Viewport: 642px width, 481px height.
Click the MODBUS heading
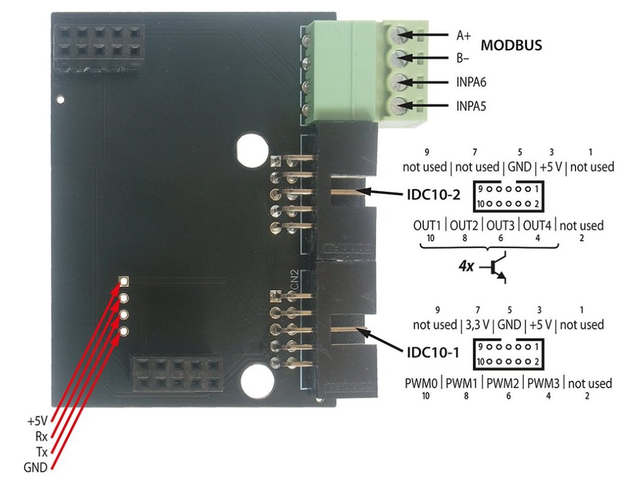(511, 46)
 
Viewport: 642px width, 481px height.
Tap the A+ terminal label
(464, 36)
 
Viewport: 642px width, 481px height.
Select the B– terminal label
(463, 59)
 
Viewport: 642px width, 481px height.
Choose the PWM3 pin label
(544, 383)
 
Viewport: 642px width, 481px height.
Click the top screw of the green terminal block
(398, 36)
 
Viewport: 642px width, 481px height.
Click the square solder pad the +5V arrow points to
(124, 281)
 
